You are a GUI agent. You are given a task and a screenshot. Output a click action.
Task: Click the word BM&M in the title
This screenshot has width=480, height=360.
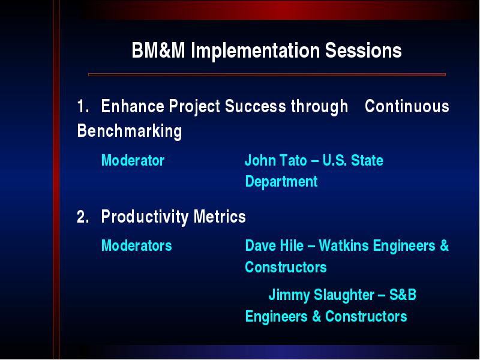(158, 50)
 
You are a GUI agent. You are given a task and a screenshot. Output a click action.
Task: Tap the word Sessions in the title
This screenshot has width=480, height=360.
(364, 50)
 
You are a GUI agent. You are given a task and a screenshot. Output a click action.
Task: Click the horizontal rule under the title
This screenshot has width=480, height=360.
(266, 74)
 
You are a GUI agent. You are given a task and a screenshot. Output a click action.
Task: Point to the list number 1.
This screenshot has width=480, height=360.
(83, 107)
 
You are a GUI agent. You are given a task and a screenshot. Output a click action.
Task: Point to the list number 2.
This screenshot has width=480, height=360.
(83, 217)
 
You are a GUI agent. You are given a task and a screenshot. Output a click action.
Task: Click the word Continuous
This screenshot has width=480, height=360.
(407, 106)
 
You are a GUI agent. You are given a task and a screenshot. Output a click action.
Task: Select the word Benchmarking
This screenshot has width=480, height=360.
(130, 131)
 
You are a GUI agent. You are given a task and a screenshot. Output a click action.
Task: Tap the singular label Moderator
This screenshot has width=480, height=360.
(133, 160)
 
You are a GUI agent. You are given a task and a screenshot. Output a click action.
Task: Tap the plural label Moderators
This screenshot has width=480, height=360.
(137, 245)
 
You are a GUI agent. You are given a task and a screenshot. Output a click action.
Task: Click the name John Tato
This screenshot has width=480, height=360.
(276, 160)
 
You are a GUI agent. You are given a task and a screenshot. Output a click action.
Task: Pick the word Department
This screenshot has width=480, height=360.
(281, 182)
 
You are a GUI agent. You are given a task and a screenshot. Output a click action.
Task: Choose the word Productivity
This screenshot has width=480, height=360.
(145, 217)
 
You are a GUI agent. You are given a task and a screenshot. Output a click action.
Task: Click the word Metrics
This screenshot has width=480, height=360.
(220, 217)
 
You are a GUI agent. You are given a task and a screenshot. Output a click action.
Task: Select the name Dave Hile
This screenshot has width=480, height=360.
(274, 245)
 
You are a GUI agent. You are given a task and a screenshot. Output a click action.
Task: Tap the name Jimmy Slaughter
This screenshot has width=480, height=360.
(322, 295)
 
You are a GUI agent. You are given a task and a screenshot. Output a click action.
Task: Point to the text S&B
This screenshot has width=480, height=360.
(403, 295)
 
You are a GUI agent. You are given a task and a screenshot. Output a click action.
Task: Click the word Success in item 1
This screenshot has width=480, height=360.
(256, 106)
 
